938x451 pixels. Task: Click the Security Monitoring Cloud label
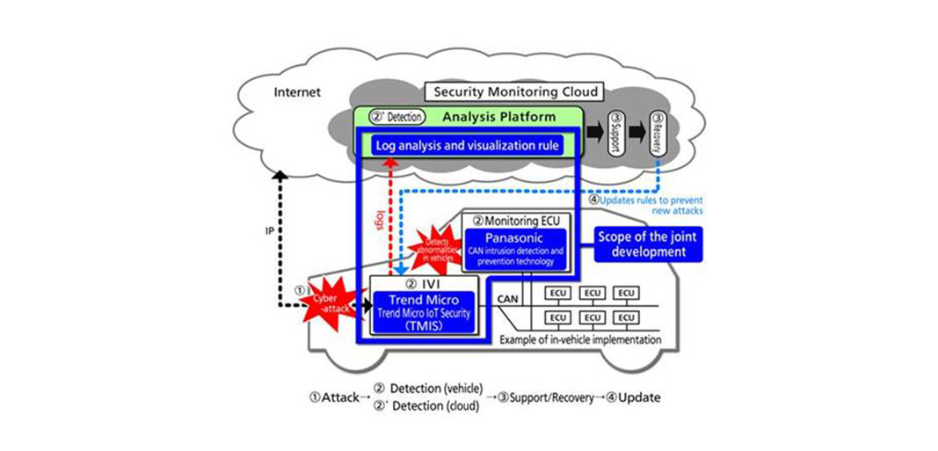tap(513, 91)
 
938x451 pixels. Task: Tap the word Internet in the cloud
tap(297, 92)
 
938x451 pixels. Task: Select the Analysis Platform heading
tap(498, 116)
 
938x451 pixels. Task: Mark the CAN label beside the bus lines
tap(508, 300)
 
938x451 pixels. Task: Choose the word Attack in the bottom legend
tap(340, 397)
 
